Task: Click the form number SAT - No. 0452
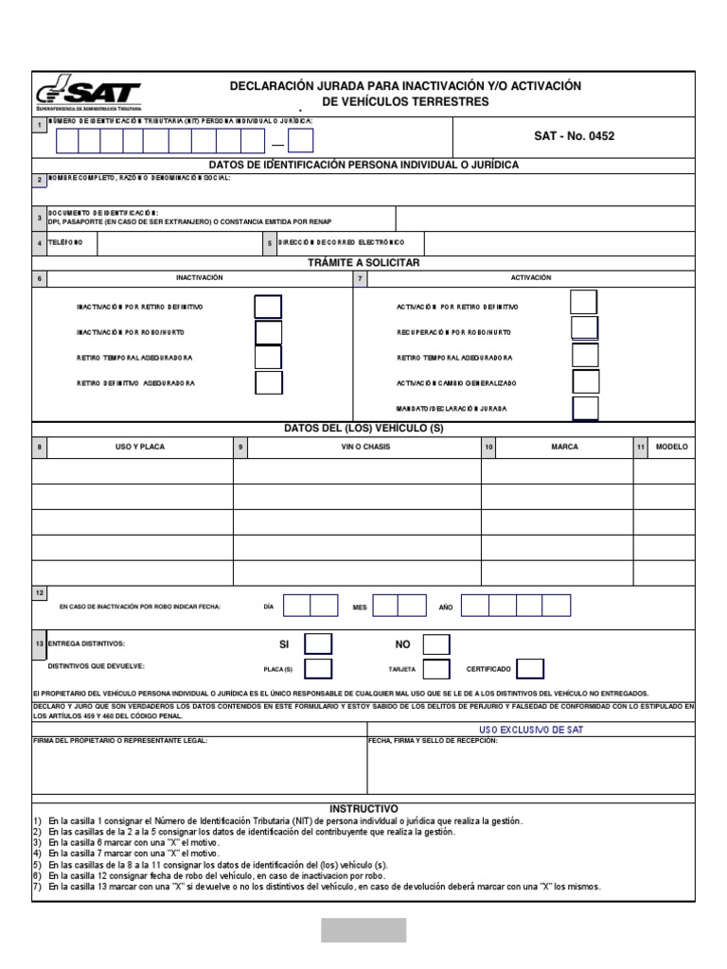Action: click(x=574, y=136)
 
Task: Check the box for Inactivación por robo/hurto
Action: click(x=269, y=333)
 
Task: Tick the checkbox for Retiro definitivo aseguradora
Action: click(x=269, y=383)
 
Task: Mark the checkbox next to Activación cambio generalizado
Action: click(x=586, y=382)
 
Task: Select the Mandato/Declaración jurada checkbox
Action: click(x=586, y=408)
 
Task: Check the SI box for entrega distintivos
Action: click(x=318, y=644)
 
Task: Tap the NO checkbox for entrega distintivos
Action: click(x=436, y=644)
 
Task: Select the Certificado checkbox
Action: click(x=530, y=669)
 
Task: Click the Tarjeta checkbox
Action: click(x=436, y=669)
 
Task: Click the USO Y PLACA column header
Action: click(x=139, y=447)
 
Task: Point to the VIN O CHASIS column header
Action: click(x=365, y=447)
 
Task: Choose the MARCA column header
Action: click(x=564, y=447)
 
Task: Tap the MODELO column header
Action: click(x=672, y=447)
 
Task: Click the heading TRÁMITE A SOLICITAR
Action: click(x=363, y=262)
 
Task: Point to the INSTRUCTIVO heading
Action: click(x=363, y=809)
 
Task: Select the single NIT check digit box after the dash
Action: click(x=300, y=141)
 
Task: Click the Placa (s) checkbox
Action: click(x=318, y=669)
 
